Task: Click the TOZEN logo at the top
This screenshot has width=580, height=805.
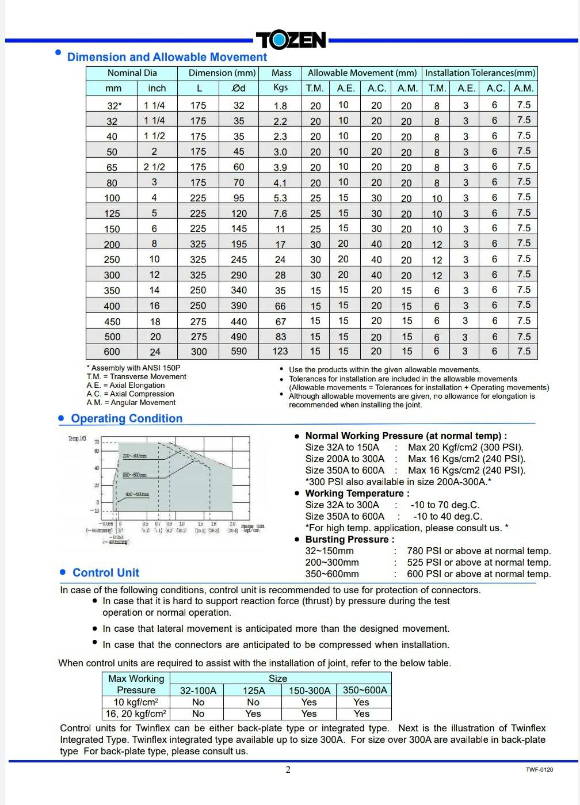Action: pyautogui.click(x=291, y=40)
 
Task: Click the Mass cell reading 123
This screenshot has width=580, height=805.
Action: pyautogui.click(x=280, y=352)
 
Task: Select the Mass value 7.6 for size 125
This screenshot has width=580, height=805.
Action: pyautogui.click(x=280, y=213)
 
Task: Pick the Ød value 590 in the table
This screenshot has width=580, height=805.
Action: pyautogui.click(x=239, y=352)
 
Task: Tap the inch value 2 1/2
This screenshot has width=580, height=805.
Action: pyautogui.click(x=154, y=167)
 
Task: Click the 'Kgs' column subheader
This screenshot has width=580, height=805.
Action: pyautogui.click(x=281, y=87)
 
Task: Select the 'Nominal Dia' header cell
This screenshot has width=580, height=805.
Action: pyautogui.click(x=132, y=73)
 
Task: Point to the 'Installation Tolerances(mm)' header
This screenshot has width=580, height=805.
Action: pyautogui.click(x=480, y=73)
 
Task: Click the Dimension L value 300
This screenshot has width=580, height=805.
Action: pyautogui.click(x=199, y=352)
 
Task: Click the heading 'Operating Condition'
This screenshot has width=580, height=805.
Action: pyautogui.click(x=127, y=419)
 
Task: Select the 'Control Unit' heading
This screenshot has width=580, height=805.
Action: pyautogui.click(x=106, y=573)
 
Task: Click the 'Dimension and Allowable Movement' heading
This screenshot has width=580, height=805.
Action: pyautogui.click(x=167, y=57)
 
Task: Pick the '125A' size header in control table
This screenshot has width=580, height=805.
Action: pyautogui.click(x=254, y=690)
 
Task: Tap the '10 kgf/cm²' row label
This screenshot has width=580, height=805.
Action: pyautogui.click(x=136, y=702)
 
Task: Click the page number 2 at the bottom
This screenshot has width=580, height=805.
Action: pyautogui.click(x=288, y=770)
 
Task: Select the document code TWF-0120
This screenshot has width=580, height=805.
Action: pyautogui.click(x=539, y=770)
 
